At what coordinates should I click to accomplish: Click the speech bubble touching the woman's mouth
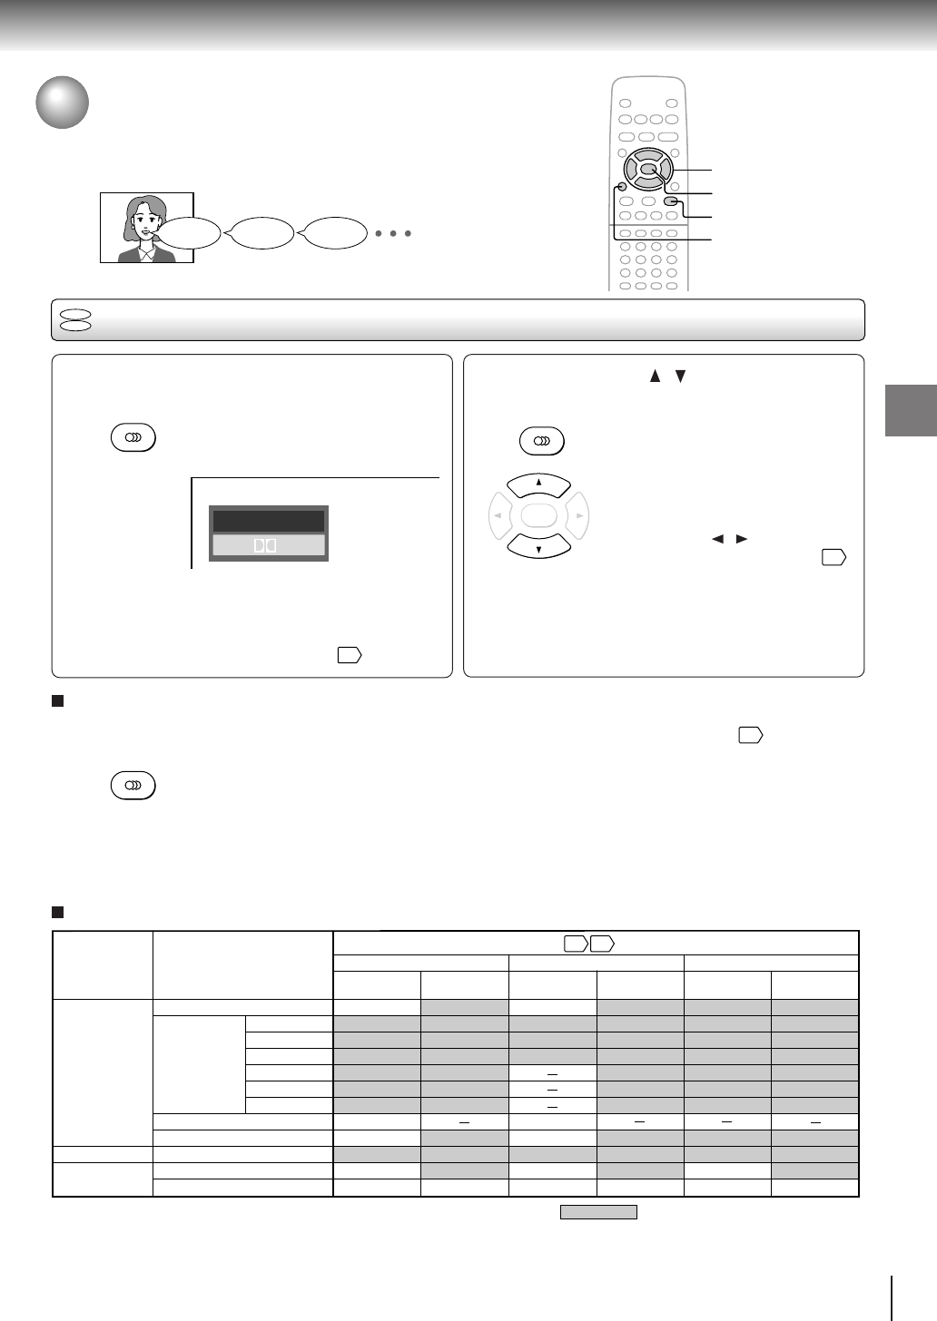click(190, 234)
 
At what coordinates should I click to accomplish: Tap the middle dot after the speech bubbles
click(393, 234)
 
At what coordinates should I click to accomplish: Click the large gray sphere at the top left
click(63, 103)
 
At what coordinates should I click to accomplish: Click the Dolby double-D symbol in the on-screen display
click(268, 545)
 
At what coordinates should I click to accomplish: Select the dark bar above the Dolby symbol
click(268, 521)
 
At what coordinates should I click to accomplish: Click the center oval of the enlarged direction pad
click(539, 517)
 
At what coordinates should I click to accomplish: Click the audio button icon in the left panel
click(133, 438)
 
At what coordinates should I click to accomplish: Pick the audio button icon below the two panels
click(133, 785)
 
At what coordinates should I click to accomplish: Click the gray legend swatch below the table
click(598, 1212)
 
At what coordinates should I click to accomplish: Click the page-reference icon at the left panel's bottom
click(349, 654)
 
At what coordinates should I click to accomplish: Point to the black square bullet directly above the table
click(57, 911)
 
